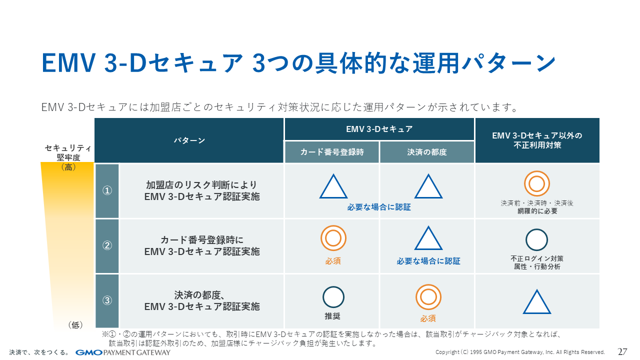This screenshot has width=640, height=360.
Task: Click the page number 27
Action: (622, 351)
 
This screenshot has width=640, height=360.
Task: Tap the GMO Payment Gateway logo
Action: (123, 352)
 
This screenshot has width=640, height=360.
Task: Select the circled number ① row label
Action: (107, 190)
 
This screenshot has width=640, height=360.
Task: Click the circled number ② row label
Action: (107, 245)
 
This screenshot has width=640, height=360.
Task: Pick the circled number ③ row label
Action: (107, 300)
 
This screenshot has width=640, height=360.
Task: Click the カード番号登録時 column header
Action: (332, 152)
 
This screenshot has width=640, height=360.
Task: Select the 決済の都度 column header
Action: (427, 152)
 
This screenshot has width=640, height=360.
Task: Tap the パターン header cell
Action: (189, 140)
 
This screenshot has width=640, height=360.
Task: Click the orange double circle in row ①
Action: (536, 184)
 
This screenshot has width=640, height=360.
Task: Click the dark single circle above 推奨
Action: (333, 297)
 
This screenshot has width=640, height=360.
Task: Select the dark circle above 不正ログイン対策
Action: (536, 239)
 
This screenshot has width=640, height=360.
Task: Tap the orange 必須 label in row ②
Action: (333, 261)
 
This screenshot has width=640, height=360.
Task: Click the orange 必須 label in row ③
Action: (428, 318)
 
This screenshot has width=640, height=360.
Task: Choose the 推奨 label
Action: (333, 316)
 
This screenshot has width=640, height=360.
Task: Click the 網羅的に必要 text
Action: (537, 211)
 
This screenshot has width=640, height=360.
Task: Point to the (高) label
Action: (68, 167)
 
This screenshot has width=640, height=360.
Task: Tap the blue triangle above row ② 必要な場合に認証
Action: (428, 239)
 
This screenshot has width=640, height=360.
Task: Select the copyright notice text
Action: (520, 352)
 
